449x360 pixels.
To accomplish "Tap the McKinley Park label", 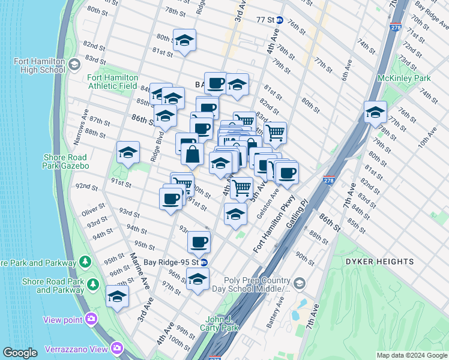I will [404, 79].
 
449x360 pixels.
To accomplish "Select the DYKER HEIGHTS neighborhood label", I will [379, 262].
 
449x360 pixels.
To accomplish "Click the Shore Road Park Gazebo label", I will [66, 161].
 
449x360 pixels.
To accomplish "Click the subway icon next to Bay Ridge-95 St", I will [204, 263].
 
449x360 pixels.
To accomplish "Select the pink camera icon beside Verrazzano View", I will [116, 348].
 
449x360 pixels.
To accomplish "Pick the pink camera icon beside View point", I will [91, 319].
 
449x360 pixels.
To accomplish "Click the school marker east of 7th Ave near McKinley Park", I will [375, 112].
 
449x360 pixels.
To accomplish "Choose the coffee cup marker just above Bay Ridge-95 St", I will [199, 242].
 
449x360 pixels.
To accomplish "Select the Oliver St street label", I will [94, 210].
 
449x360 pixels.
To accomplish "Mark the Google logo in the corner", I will [20, 353].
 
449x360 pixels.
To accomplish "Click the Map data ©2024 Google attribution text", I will [412, 355].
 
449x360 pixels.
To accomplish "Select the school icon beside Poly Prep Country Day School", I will [299, 283].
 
